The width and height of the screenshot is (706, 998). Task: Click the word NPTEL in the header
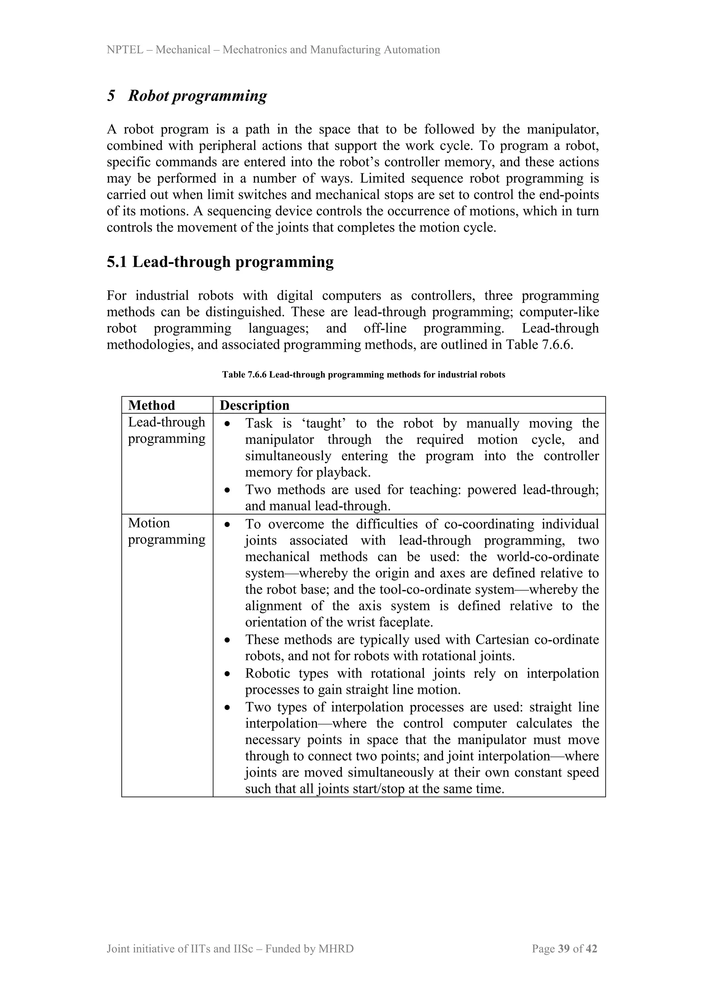pyautogui.click(x=125, y=50)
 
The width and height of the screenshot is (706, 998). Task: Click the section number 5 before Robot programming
pyautogui.click(x=111, y=95)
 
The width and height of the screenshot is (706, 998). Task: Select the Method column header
pyautogui.click(x=151, y=406)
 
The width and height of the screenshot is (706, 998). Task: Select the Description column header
pyautogui.click(x=254, y=406)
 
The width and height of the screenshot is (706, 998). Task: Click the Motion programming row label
pyautogui.click(x=166, y=531)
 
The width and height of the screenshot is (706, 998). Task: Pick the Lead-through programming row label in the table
pyautogui.click(x=166, y=430)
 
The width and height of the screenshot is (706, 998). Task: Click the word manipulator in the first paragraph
pyautogui.click(x=563, y=130)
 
